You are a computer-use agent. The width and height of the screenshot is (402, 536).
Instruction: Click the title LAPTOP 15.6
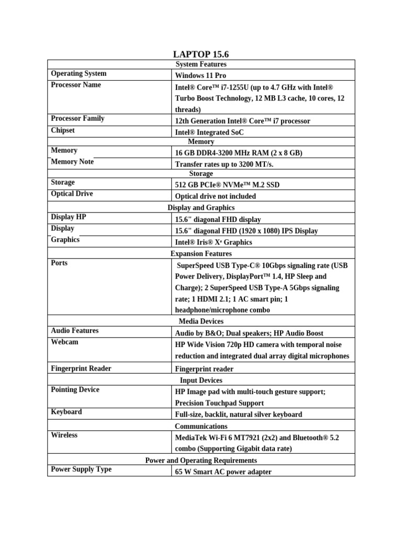click(201, 54)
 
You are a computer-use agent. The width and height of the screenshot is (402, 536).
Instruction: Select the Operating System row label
click(79, 74)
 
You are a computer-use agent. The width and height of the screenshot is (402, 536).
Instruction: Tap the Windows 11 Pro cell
click(200, 75)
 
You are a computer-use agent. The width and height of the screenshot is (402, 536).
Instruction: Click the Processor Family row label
click(77, 119)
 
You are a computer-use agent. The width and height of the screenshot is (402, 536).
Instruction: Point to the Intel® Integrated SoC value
click(209, 132)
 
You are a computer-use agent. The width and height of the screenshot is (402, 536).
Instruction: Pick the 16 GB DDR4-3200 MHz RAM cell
click(239, 153)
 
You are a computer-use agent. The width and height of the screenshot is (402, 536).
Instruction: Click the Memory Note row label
click(72, 162)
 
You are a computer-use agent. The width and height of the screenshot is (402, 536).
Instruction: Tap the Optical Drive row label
click(72, 194)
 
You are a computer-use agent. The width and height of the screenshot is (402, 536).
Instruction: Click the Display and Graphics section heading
click(201, 208)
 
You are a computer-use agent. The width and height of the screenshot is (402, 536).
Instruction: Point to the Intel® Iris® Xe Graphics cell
click(214, 242)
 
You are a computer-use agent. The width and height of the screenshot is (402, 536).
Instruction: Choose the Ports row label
click(59, 263)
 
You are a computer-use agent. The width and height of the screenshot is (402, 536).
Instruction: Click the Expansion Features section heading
click(201, 254)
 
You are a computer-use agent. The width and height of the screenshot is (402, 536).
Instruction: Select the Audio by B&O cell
click(249, 333)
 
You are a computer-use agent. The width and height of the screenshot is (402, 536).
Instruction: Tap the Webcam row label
click(64, 342)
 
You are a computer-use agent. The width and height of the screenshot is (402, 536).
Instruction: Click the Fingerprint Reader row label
click(81, 368)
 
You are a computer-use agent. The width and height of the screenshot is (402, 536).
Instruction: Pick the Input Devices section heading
click(201, 381)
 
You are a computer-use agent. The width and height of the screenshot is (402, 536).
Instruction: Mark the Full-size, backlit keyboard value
click(239, 415)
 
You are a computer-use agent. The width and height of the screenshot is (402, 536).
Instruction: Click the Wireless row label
click(64, 435)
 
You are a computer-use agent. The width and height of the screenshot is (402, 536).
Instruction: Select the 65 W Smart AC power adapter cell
click(224, 472)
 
